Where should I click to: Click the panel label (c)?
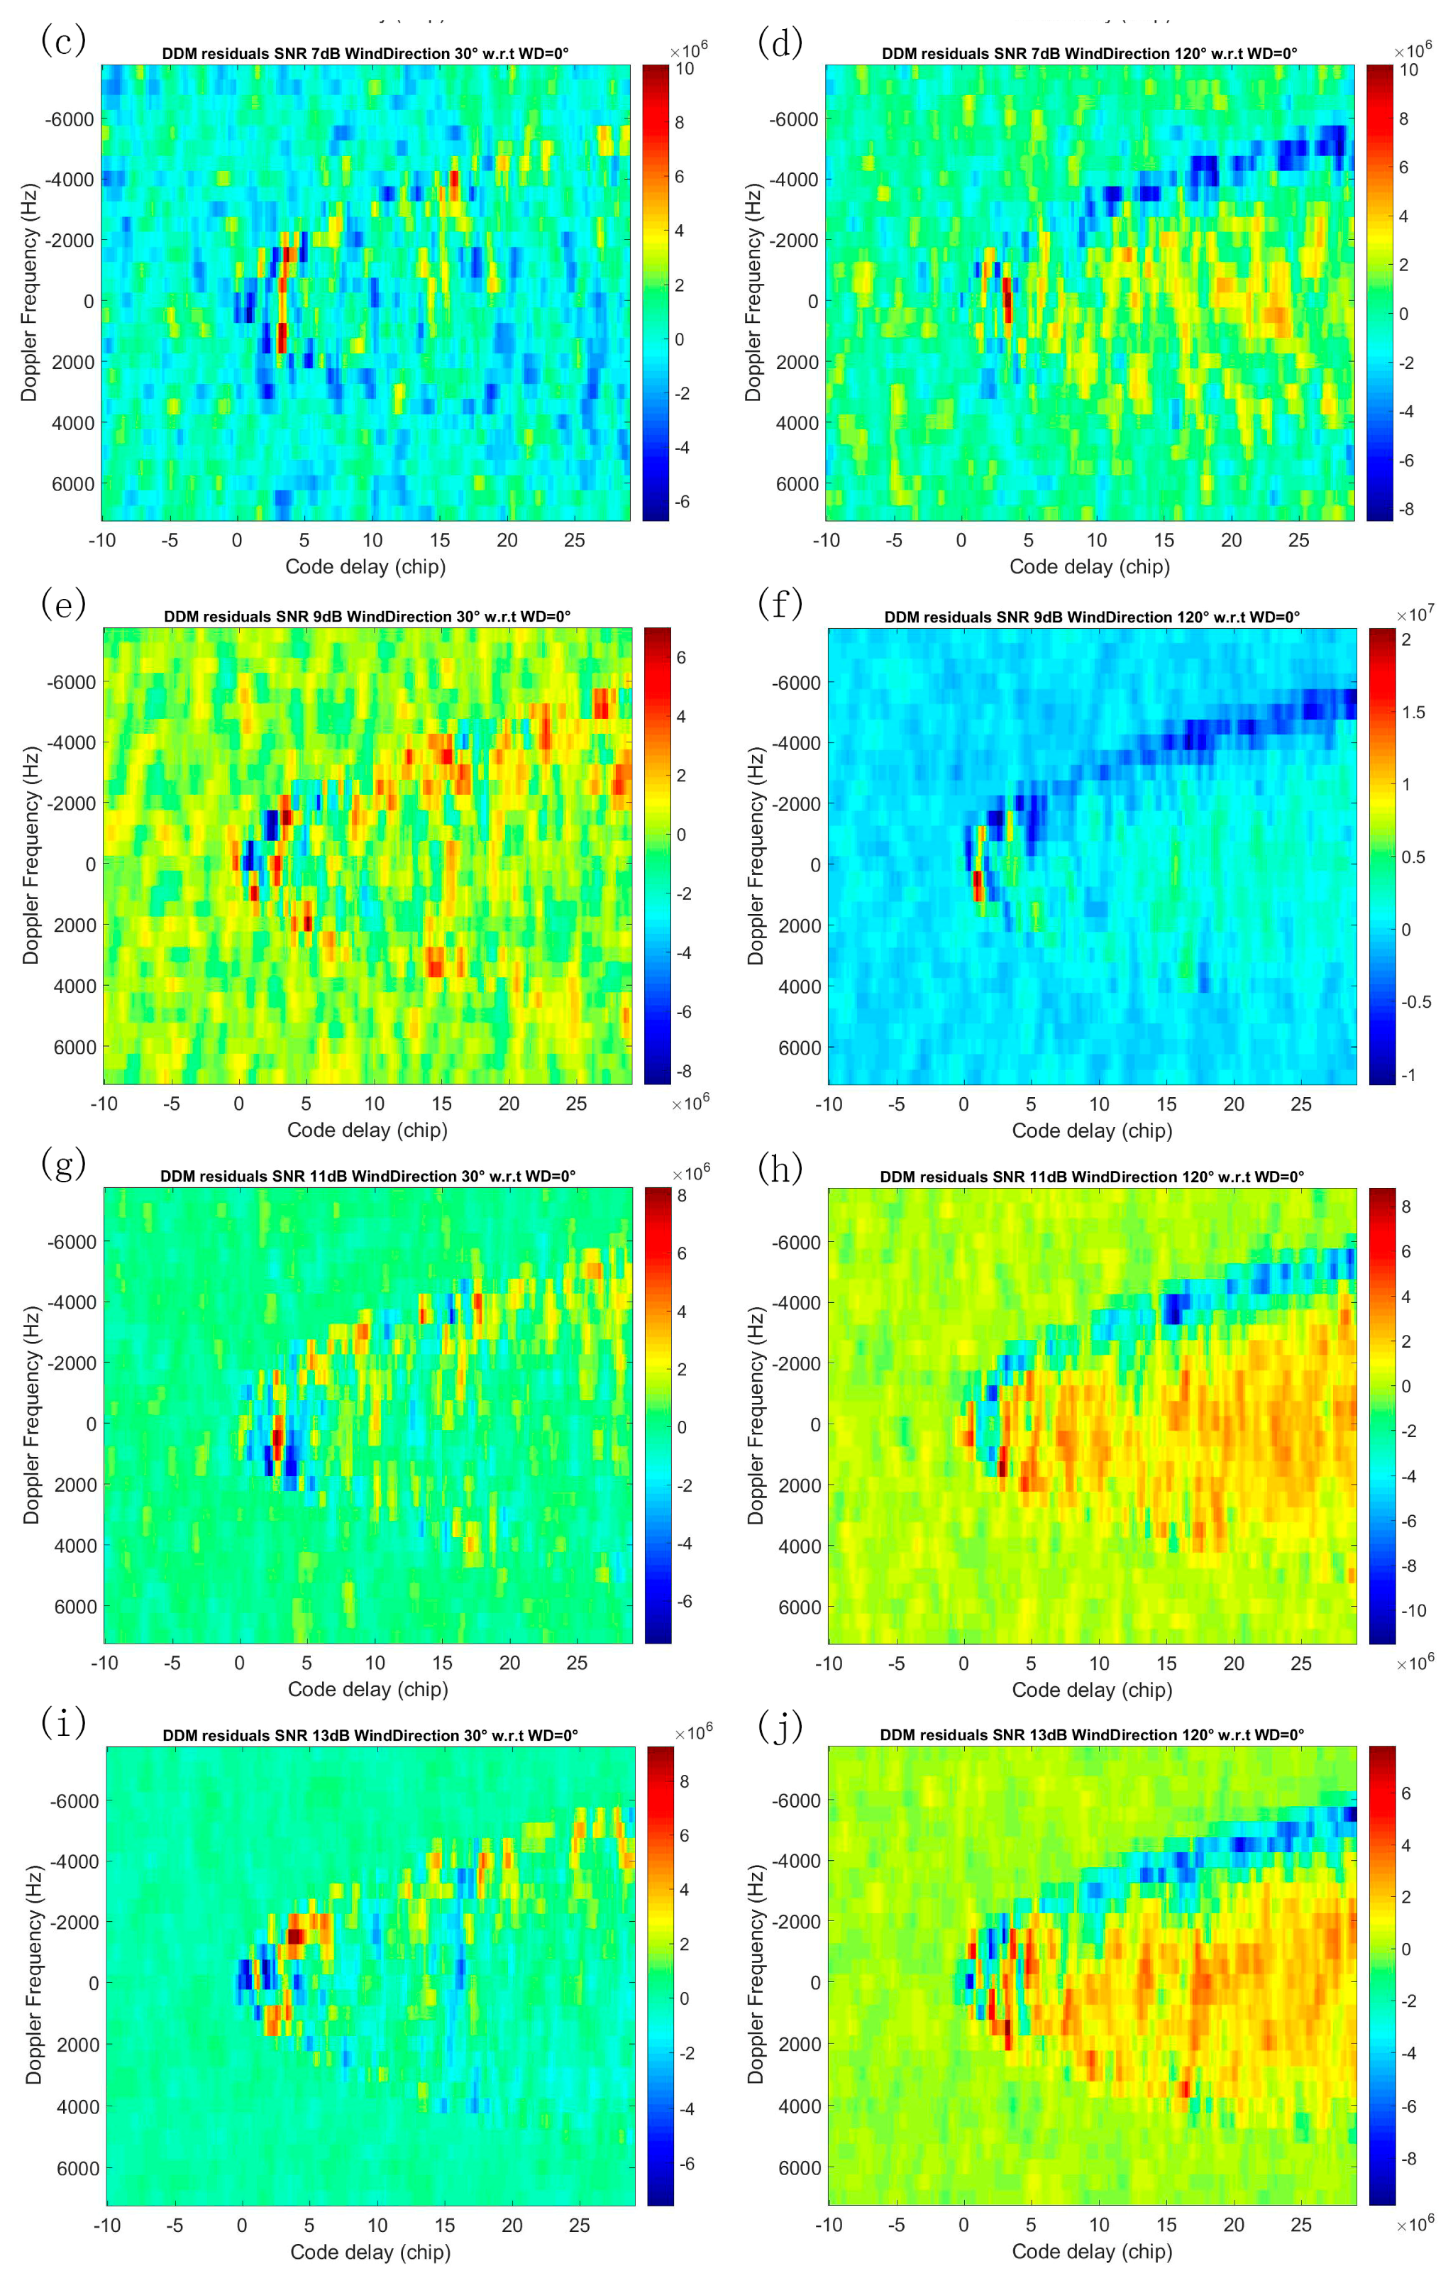[64, 40]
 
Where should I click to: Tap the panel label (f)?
[780, 603]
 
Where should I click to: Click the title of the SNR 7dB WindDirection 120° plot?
[1089, 53]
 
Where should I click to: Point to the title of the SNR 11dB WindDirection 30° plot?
[368, 1176]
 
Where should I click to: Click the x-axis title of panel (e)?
[367, 1129]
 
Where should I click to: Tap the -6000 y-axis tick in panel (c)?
[70, 119]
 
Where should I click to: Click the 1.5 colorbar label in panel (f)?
[1413, 712]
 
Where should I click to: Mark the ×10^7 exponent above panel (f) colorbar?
[1415, 615]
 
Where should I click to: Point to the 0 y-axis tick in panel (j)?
[815, 1981]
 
